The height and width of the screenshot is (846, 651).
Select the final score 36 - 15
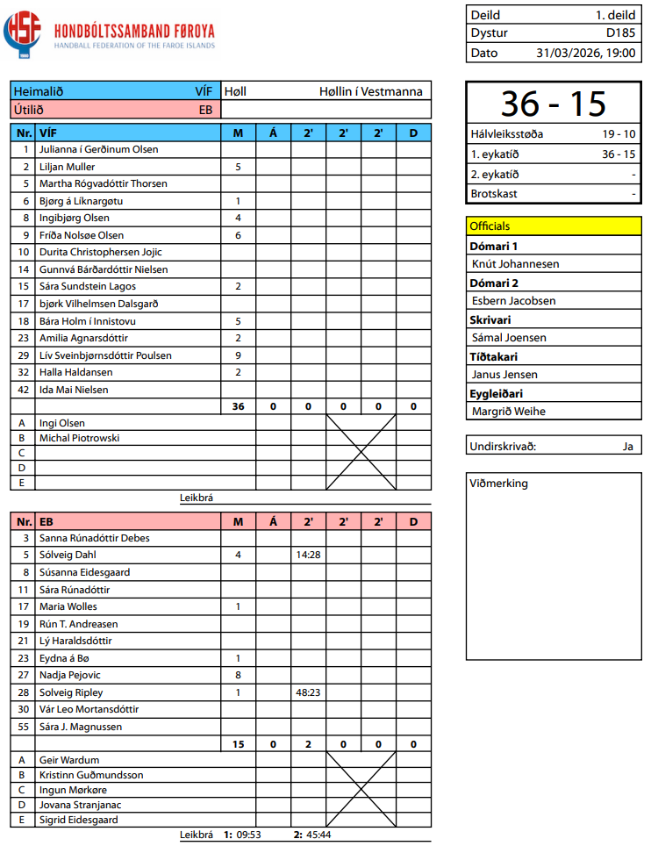coord(554,104)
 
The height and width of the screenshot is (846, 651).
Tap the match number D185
coord(621,33)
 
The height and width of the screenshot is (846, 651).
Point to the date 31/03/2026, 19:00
coord(586,53)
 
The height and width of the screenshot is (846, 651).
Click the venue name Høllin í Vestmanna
coord(370,91)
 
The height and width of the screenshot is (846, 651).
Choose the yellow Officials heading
coord(490,226)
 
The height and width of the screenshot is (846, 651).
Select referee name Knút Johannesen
coord(515,263)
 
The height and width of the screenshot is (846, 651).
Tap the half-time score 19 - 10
coord(619,134)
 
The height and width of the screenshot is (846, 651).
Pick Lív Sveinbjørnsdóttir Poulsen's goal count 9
coord(238,355)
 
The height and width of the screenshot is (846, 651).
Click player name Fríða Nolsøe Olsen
coord(82,235)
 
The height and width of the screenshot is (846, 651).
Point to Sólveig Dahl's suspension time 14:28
coord(308,555)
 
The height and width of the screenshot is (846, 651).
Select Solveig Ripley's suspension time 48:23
coord(308,692)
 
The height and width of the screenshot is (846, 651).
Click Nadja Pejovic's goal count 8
coord(238,675)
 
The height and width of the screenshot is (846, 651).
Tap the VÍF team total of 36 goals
coord(238,406)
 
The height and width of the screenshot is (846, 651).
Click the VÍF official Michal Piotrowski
coord(80,438)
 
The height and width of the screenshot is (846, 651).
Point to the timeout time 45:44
coord(319,835)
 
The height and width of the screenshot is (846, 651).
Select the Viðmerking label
coord(499,484)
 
